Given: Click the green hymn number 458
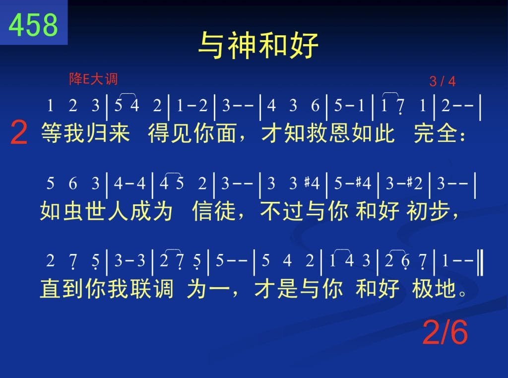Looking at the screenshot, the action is [x=33, y=25].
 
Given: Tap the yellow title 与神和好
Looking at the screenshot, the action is [x=258, y=45].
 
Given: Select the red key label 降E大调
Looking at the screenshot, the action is [x=93, y=79].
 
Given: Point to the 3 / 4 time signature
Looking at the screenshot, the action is [x=442, y=81].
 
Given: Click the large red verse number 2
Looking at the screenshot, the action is [x=19, y=132].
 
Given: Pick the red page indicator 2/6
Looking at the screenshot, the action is [x=445, y=332].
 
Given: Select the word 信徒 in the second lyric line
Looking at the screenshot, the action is [x=214, y=210].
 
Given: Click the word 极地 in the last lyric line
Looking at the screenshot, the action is [x=434, y=288].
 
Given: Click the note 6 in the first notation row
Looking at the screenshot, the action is [x=315, y=106].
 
